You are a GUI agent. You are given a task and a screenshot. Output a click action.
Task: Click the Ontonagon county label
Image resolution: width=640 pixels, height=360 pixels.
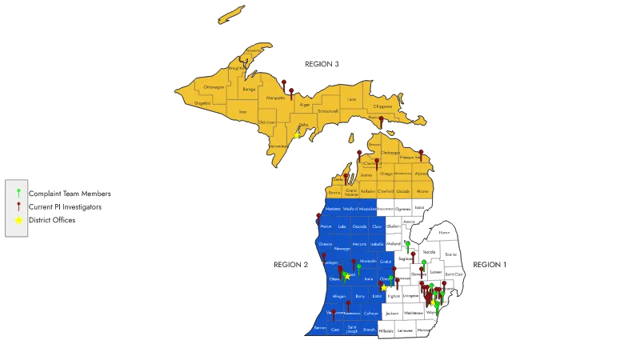click(x=214, y=86)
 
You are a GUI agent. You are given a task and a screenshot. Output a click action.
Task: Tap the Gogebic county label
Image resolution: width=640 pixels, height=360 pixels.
click(x=202, y=103)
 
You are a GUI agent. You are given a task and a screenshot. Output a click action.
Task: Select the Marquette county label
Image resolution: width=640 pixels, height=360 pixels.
click(x=275, y=98)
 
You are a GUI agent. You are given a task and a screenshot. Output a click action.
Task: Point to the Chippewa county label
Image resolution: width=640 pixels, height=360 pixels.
click(x=382, y=106)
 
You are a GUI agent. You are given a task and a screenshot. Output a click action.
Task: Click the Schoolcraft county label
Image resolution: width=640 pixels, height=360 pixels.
click(x=328, y=112)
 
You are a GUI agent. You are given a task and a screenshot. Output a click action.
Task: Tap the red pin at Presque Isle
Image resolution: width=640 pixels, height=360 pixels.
click(x=421, y=152)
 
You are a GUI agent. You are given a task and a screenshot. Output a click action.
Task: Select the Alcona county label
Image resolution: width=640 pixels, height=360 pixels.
click(x=423, y=192)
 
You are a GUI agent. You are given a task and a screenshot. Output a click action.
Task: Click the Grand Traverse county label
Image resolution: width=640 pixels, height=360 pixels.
click(x=349, y=191)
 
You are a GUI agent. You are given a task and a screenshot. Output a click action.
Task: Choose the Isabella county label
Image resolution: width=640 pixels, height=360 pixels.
click(x=378, y=244)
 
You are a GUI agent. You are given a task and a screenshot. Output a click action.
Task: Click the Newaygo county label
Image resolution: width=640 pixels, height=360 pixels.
click(x=342, y=248)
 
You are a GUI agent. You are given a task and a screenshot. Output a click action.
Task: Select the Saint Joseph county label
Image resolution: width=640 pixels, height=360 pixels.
click(x=352, y=329)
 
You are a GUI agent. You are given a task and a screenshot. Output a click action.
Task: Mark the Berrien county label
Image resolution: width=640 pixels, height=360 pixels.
click(x=320, y=328)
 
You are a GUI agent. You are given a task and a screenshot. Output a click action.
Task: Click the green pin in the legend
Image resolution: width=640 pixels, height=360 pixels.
click(x=18, y=193)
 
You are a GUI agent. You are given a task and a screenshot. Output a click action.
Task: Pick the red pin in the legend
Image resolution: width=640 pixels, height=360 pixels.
click(x=18, y=206)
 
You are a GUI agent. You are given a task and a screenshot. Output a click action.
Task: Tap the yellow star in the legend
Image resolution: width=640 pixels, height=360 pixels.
click(x=18, y=219)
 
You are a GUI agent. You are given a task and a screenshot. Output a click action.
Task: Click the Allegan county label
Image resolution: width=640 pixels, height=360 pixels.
click(x=339, y=296)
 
